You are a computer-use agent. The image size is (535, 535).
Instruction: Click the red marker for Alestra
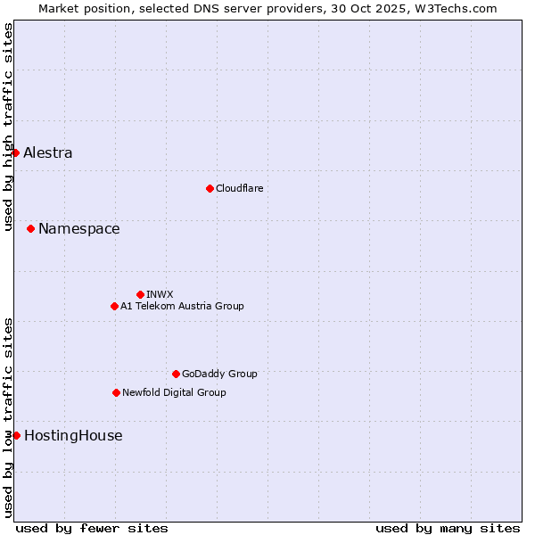15,152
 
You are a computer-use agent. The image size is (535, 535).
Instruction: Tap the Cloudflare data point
210,188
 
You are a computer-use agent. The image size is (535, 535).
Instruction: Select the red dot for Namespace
30,229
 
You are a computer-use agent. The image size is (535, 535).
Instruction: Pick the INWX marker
140,294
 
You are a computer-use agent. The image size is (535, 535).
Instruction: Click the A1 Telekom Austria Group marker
114,306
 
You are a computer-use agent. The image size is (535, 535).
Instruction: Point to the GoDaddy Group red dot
176,374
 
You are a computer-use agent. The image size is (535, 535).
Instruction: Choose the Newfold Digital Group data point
116,392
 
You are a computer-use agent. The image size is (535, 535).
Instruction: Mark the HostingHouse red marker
16,435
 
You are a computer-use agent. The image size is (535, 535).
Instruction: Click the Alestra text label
48,152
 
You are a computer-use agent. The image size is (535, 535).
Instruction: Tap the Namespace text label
78,229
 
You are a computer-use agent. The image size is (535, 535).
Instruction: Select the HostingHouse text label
73,435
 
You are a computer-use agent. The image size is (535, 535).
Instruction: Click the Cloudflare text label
239,188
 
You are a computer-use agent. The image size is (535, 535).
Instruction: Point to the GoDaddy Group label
219,374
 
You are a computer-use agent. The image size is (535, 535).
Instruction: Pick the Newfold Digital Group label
174,392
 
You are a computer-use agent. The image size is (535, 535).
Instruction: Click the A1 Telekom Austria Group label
182,306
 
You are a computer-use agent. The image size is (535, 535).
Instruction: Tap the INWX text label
160,294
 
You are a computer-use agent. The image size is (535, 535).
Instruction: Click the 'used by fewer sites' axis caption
92,528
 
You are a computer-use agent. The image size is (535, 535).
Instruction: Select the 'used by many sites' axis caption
448,528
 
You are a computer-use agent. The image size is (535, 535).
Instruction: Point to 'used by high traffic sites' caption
8,127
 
